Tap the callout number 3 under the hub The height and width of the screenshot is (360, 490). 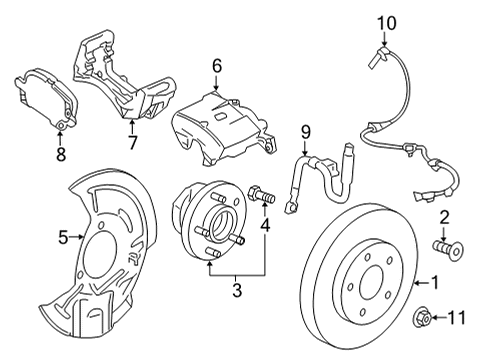coord(236,292)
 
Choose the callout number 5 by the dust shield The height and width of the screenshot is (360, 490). coord(63,237)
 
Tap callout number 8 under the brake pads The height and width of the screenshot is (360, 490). coord(60,154)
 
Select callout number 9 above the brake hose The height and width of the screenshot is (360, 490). coord(307,130)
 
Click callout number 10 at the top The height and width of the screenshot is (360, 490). coord(385,20)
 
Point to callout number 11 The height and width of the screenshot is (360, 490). coord(458,319)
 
